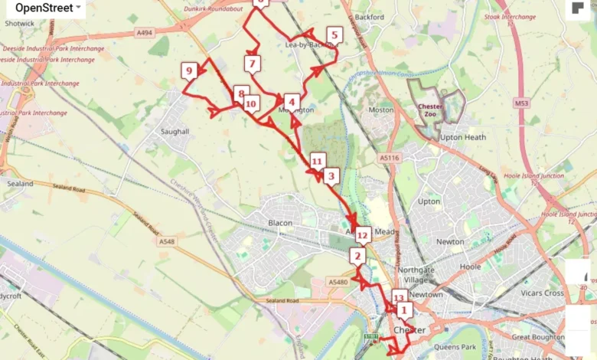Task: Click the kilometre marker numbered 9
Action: pos(188,72)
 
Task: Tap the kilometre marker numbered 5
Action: pos(333,34)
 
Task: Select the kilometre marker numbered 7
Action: pos(253,64)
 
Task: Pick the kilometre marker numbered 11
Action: pos(317,160)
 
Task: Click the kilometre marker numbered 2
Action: pos(357,256)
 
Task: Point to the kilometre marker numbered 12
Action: pos(362,234)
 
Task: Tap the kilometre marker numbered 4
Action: pos(291,101)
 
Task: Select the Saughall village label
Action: pos(175,132)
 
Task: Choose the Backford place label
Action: pos(370,17)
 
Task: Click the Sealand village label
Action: pos(20,184)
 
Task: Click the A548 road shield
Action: pos(166,241)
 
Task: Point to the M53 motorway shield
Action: pos(522,102)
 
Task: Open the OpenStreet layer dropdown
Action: pos(47,8)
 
